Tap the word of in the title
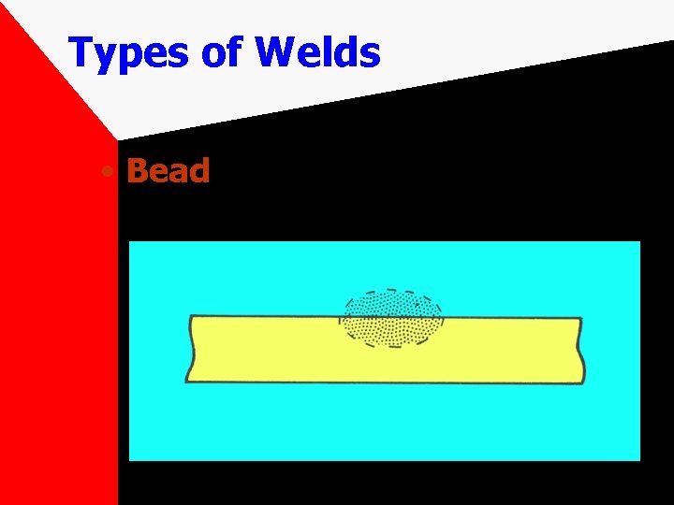(222, 52)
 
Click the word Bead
(168, 171)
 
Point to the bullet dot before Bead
(110, 173)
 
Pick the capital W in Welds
(275, 52)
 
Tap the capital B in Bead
(138, 171)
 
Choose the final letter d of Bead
(199, 171)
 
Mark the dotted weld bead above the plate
(392, 304)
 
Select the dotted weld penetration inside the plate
(392, 330)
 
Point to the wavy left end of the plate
(189, 349)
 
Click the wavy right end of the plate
(581, 351)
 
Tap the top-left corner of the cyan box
(129, 242)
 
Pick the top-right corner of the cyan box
(639, 242)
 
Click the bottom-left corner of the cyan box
(129, 459)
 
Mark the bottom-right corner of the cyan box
(639, 459)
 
